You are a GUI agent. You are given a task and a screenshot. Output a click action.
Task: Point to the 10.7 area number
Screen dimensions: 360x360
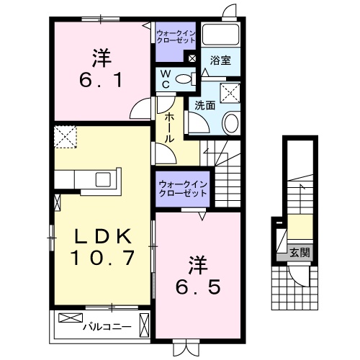[x=104, y=257]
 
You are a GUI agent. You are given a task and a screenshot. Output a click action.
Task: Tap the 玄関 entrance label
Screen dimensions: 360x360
[x=300, y=252]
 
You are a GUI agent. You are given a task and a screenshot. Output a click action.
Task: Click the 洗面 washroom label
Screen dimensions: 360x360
[x=204, y=105]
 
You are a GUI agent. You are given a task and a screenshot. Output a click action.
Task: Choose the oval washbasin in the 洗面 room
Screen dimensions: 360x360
[x=232, y=122]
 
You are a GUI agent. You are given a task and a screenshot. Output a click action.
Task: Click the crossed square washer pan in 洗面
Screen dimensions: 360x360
[x=230, y=91]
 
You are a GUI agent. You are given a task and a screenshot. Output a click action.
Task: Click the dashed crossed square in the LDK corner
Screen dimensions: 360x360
[x=66, y=137]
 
